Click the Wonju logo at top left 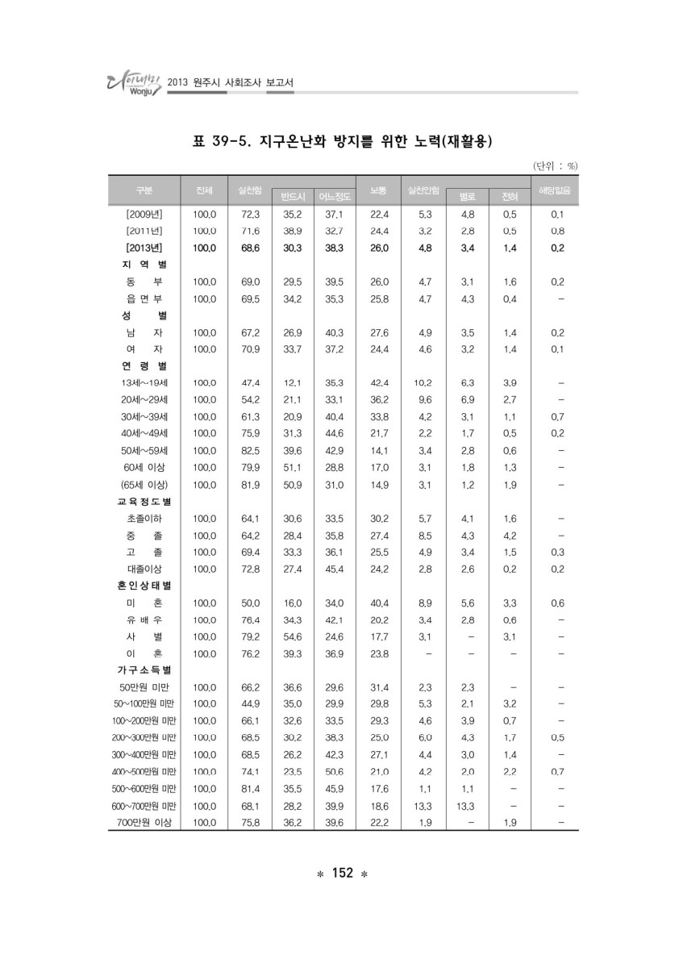click(x=130, y=81)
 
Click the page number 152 click(x=341, y=874)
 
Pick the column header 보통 click(x=378, y=190)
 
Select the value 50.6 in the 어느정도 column click(x=334, y=772)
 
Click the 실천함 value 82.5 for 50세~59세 click(x=251, y=450)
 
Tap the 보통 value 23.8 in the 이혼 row click(x=379, y=653)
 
